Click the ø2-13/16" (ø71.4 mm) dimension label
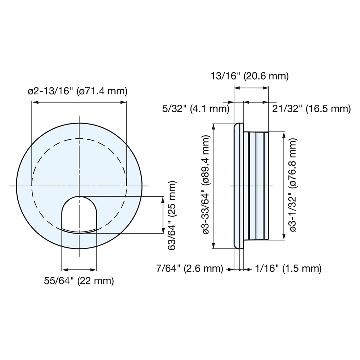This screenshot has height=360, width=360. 78,91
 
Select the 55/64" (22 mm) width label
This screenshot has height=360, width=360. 79,280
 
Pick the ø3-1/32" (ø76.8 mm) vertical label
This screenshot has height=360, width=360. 293,186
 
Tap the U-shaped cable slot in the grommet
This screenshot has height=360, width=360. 79,214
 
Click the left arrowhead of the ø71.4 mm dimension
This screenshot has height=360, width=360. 34,102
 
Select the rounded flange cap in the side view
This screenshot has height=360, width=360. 237,186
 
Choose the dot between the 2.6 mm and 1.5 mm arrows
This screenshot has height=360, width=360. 240,269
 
